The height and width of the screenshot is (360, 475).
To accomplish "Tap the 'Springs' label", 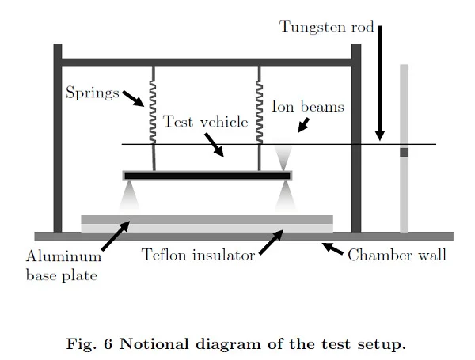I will click(x=91, y=93).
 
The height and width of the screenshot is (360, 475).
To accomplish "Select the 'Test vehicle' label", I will click(x=205, y=123).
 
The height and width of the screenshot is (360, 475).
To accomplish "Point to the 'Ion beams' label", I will click(x=307, y=106).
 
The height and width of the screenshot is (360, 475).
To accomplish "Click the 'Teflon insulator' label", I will click(x=198, y=255).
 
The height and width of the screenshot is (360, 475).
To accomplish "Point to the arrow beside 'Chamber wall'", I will click(x=332, y=249).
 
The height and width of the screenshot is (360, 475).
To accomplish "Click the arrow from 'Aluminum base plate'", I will click(x=114, y=237).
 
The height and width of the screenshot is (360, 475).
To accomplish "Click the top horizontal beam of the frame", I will click(x=206, y=63).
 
